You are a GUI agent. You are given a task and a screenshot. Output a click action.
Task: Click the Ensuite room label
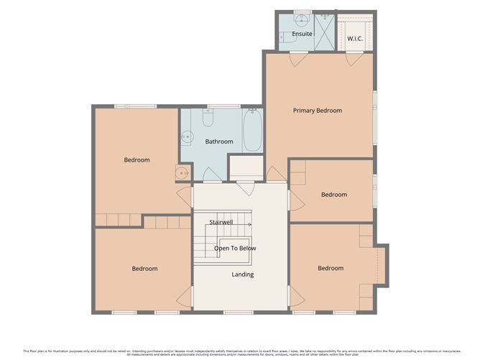click(x=302, y=34)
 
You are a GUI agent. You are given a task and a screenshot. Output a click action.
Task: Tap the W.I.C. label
click(x=355, y=37)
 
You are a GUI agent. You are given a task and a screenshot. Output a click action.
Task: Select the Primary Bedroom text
click(x=317, y=111)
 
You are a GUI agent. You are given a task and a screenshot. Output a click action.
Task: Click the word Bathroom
click(x=219, y=142)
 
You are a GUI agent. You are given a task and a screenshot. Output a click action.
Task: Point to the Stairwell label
click(x=221, y=222)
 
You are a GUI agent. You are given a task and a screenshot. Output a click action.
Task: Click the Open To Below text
click(x=235, y=248)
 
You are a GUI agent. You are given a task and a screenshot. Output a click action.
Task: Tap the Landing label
click(x=242, y=274)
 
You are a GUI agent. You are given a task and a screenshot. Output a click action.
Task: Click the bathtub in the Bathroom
click(x=252, y=130)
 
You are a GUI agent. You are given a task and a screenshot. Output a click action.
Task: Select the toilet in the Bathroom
click(x=208, y=116)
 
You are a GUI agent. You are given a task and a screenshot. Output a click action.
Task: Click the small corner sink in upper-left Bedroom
click(x=183, y=172)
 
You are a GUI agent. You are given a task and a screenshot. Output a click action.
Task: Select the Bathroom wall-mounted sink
click(x=187, y=136)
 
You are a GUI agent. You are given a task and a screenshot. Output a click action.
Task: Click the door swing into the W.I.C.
click(x=352, y=60)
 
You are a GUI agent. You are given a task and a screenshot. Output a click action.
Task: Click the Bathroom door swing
click(x=212, y=175)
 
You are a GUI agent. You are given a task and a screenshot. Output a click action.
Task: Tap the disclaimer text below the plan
click(x=240, y=352)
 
